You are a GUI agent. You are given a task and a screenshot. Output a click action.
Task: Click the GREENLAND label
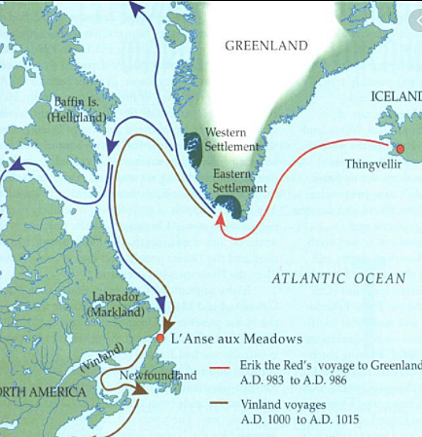tap(265, 46)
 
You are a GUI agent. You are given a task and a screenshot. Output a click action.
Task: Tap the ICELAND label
tap(396, 95)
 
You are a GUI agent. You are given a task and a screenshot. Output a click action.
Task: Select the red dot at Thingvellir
tap(399, 148)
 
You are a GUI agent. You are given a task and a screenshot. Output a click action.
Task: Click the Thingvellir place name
tap(374, 164)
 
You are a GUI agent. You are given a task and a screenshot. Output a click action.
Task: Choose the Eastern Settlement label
tap(237, 180)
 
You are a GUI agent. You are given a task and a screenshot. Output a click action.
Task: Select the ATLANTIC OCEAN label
tap(338, 279)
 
